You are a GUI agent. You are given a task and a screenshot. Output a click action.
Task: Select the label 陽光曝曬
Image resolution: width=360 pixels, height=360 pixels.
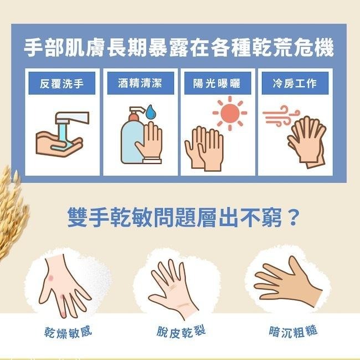(x=219, y=84)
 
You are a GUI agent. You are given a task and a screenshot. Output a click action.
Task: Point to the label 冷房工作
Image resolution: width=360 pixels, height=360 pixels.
(x=295, y=84)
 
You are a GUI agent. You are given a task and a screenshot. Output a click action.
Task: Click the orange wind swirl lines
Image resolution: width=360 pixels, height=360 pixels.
(x=275, y=117)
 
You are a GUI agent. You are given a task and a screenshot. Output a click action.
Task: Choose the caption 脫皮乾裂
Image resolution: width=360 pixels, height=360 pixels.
(x=181, y=332)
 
